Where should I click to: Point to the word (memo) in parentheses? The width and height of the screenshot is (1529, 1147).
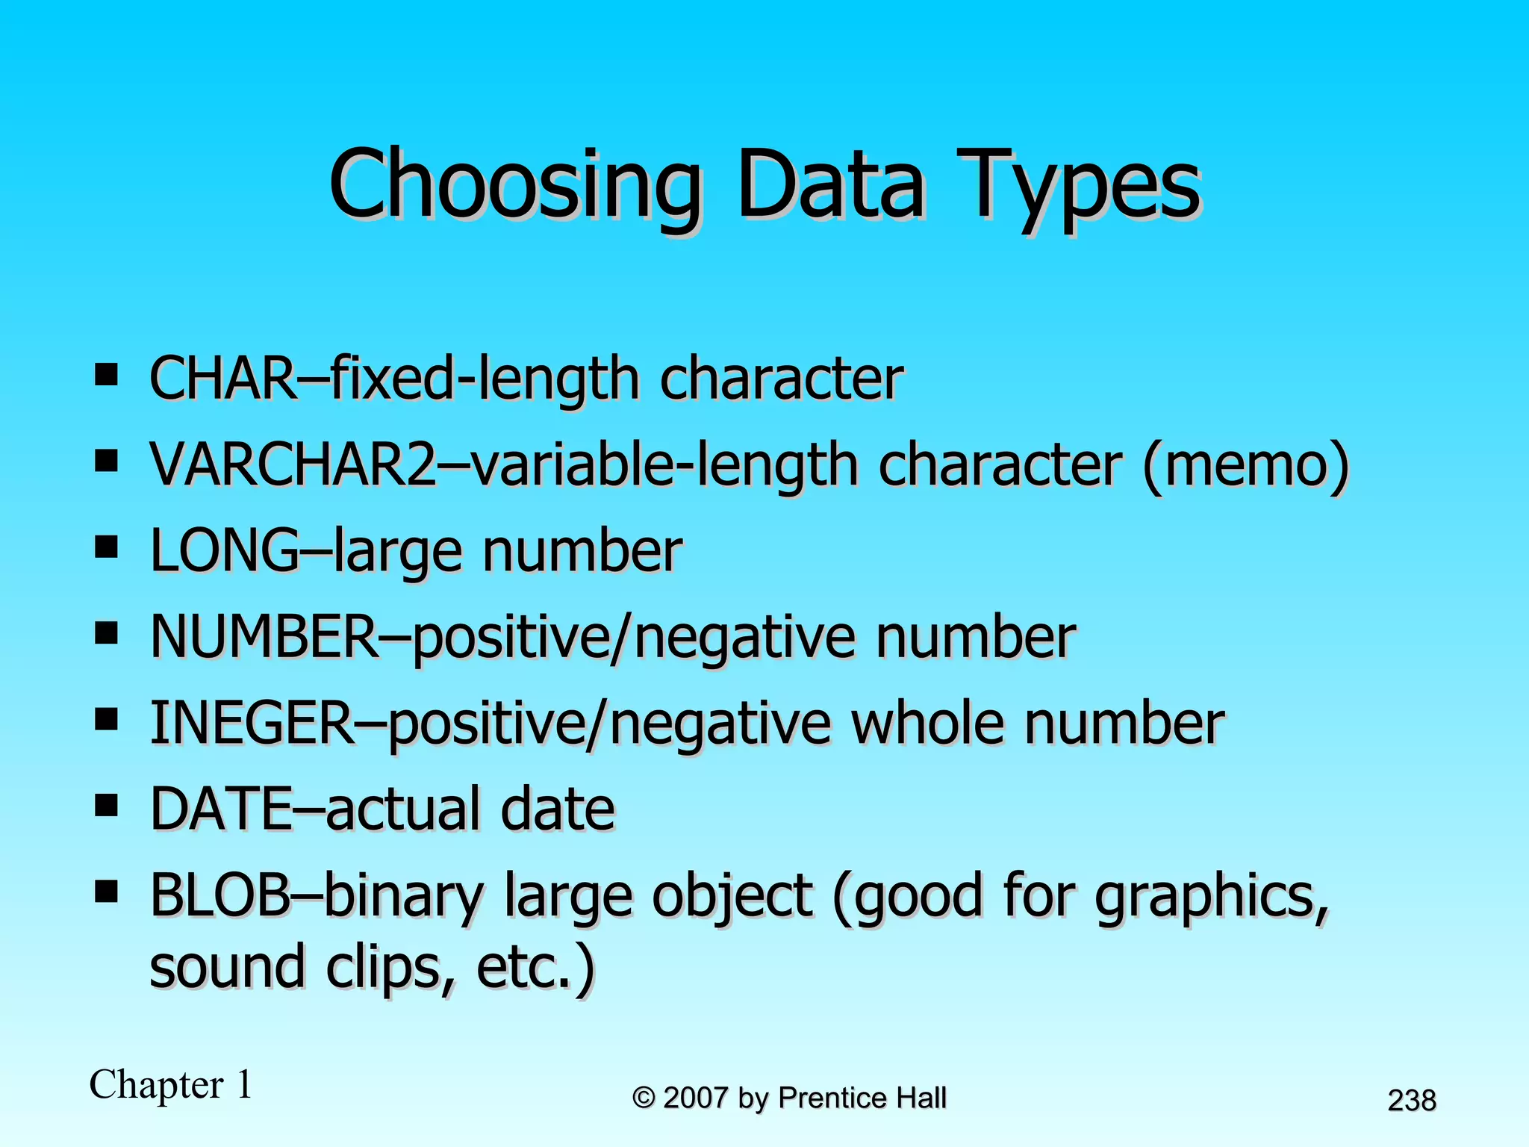tap(1245, 465)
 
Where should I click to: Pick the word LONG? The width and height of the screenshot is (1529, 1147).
tap(224, 551)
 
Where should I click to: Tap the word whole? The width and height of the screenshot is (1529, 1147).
tap(928, 723)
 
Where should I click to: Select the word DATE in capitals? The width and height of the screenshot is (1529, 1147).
tap(221, 809)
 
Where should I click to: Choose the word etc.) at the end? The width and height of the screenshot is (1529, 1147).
tap(535, 968)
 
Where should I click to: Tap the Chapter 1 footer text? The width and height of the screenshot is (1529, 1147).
tap(171, 1085)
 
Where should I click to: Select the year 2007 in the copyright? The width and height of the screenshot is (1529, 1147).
tap(695, 1098)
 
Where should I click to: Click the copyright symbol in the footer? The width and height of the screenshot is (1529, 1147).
tap(644, 1098)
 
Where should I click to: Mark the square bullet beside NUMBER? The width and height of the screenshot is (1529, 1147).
tap(107, 635)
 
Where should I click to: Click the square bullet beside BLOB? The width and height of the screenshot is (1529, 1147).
tap(107, 892)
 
